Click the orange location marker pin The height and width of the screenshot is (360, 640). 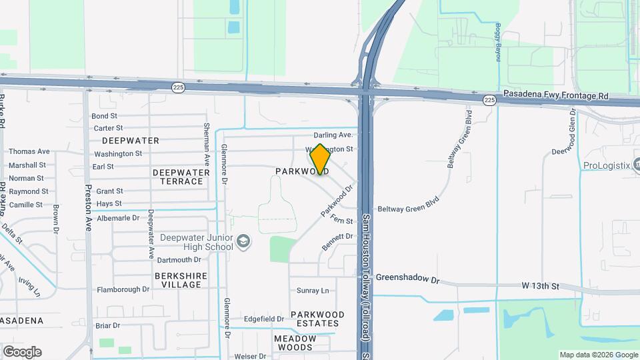[320, 159]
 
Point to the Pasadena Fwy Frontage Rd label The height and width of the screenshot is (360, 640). [556, 95]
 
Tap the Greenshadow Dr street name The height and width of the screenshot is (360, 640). [408, 279]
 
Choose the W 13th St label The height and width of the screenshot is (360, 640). [540, 286]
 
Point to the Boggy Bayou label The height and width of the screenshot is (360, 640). [497, 41]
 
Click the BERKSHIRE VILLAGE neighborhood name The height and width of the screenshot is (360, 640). [177, 280]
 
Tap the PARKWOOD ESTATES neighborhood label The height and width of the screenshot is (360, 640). [317, 319]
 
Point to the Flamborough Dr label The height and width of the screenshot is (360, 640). [123, 289]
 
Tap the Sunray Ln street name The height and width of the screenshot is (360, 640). [313, 291]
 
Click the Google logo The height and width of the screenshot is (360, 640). [22, 351]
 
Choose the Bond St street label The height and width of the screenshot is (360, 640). [104, 116]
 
